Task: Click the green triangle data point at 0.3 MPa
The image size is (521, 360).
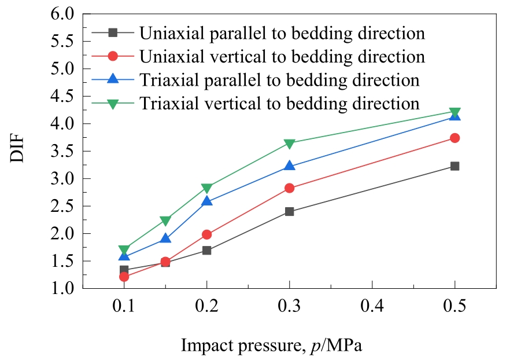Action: click(x=289, y=144)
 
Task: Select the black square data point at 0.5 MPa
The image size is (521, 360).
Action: click(x=455, y=166)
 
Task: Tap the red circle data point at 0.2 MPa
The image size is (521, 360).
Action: click(x=206, y=234)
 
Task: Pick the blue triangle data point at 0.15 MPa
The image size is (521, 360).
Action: click(x=165, y=238)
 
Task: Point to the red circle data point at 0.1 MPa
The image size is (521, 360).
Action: click(x=124, y=277)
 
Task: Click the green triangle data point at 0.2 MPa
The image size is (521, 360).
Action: click(x=206, y=188)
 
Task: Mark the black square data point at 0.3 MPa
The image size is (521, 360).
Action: click(x=289, y=211)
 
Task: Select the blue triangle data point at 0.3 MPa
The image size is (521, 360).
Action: click(x=289, y=166)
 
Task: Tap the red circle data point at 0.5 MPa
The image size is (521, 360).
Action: click(x=455, y=138)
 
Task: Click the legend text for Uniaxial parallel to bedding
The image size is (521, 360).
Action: click(x=282, y=32)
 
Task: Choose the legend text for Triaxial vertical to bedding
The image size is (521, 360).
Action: click(x=279, y=103)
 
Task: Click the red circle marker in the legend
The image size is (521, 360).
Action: click(x=113, y=56)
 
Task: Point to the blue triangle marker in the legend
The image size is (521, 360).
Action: click(x=113, y=79)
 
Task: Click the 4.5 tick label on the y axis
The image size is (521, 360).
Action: click(x=62, y=96)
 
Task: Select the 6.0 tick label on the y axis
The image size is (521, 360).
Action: click(x=62, y=14)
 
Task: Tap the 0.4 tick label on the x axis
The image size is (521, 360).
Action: click(x=372, y=306)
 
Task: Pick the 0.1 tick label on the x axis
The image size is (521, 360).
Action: click(x=124, y=306)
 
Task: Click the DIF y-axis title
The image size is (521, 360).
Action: click(x=17, y=148)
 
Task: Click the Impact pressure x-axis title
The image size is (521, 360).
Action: click(x=271, y=346)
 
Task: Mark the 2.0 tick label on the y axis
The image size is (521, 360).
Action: click(x=62, y=233)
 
